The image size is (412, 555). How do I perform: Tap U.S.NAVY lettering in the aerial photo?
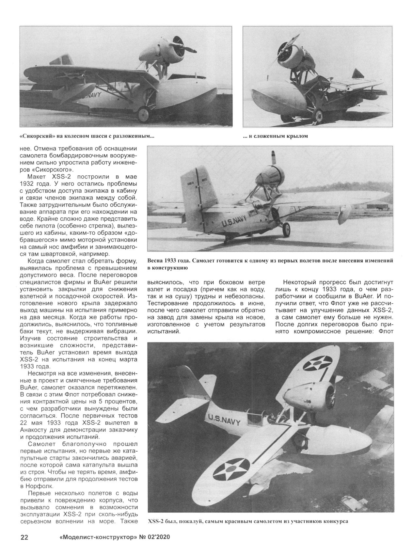pos(225,420)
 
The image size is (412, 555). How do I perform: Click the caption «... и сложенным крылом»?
pos(275,136)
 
